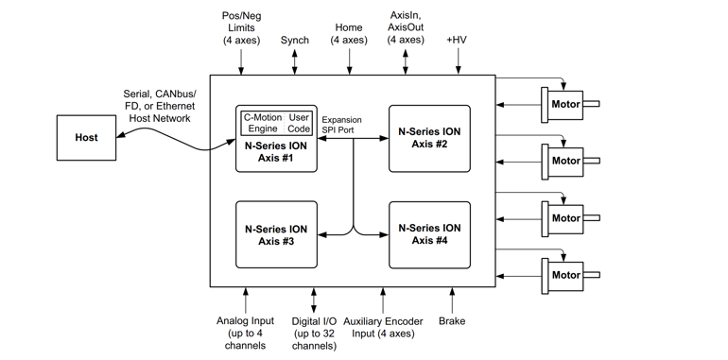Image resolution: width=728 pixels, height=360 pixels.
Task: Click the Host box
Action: (86, 138)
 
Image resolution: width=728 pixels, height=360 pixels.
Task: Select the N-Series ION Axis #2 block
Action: (429, 138)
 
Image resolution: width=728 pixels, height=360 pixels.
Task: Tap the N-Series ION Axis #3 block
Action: (276, 234)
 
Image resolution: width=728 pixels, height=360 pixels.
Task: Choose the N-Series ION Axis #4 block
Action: (429, 234)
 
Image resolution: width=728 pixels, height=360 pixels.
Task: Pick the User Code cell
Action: (299, 123)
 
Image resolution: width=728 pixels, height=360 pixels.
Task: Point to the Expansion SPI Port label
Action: (341, 125)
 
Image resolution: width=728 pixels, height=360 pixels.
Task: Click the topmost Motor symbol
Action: (566, 104)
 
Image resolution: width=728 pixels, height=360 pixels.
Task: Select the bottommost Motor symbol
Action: (566, 275)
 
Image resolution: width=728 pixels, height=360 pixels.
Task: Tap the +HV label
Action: (458, 41)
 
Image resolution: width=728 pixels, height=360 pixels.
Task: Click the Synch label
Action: (295, 41)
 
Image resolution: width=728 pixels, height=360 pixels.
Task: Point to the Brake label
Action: (452, 321)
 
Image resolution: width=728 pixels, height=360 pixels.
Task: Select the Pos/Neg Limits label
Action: (242, 28)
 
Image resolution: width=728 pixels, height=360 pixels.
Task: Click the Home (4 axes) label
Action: (349, 34)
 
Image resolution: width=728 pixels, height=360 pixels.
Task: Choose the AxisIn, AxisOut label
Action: (406, 27)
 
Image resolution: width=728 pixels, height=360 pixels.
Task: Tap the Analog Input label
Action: (245, 333)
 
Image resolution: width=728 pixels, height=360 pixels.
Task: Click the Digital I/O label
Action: (314, 333)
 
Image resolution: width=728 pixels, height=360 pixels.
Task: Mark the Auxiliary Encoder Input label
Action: (383, 327)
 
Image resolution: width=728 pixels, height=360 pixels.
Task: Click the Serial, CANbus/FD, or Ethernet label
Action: (160, 106)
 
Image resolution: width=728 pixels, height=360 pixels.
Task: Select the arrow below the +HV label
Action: (458, 61)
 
